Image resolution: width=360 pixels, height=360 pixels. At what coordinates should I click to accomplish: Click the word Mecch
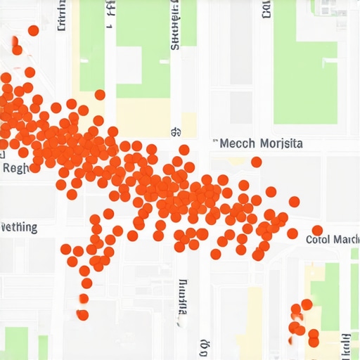click(237, 143)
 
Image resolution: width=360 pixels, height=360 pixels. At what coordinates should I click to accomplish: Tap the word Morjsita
click(281, 143)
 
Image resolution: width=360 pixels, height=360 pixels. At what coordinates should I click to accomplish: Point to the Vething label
click(19, 227)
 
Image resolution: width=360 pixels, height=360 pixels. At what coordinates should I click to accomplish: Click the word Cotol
click(317, 240)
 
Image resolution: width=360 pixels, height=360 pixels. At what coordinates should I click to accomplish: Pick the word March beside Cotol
click(345, 240)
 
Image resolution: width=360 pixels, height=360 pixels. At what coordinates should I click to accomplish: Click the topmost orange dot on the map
click(33, 30)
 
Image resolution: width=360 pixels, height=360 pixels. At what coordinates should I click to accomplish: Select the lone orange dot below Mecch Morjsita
click(257, 162)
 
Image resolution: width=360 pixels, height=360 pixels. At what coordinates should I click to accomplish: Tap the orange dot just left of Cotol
click(292, 233)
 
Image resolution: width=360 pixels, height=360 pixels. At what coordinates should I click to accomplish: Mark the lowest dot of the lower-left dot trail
click(83, 315)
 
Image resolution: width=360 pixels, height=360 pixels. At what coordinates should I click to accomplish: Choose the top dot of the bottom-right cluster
click(307, 304)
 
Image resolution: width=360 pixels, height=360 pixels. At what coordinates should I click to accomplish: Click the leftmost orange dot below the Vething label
click(66, 249)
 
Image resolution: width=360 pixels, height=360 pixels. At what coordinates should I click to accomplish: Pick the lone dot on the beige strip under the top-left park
click(100, 95)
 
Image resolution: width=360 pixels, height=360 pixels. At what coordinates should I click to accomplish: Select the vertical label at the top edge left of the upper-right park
click(266, 9)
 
